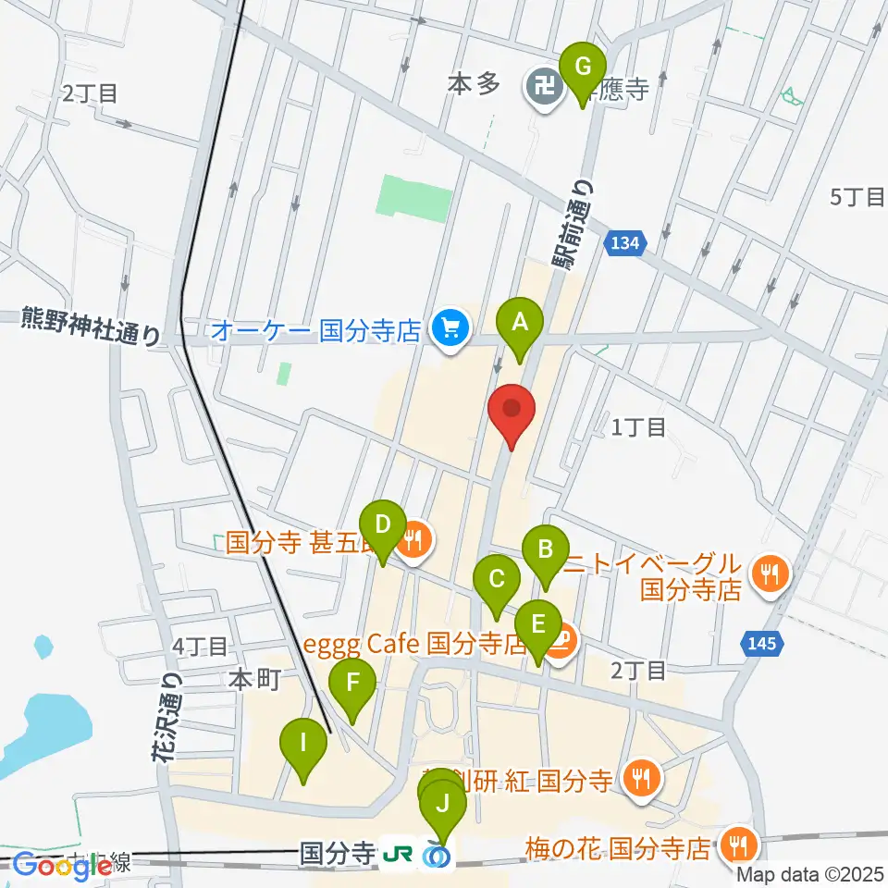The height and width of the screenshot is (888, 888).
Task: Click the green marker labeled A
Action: [520, 323]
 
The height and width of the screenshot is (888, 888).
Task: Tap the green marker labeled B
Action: [545, 550]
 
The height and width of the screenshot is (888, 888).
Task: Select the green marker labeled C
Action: [497, 580]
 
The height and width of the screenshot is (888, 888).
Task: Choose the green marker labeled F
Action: [352, 684]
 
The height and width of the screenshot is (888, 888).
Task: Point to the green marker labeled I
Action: [304, 743]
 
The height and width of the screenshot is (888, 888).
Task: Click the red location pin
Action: [512, 410]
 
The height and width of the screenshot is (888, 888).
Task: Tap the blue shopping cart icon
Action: [451, 327]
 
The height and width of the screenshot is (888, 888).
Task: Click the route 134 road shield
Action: [624, 243]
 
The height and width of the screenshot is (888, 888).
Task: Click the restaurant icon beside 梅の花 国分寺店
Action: [737, 844]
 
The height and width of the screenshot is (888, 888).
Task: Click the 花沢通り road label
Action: [167, 718]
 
